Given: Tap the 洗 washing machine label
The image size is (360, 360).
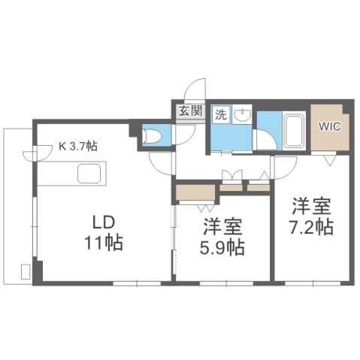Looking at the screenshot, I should pyautogui.click(x=221, y=115).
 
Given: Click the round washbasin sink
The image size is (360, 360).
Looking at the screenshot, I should pyautogui.click(x=244, y=115).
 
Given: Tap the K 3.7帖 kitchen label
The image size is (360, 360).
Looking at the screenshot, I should pyautogui.click(x=78, y=148).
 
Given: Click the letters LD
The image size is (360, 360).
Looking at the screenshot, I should pyautogui.click(x=103, y=223).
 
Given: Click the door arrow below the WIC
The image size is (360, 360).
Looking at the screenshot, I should pyautogui.click(x=330, y=160).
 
